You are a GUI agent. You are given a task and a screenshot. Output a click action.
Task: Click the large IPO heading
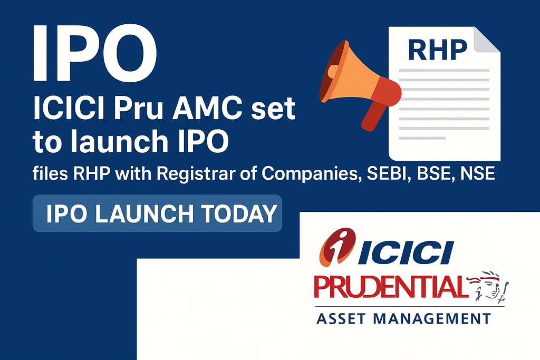click(95, 52)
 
